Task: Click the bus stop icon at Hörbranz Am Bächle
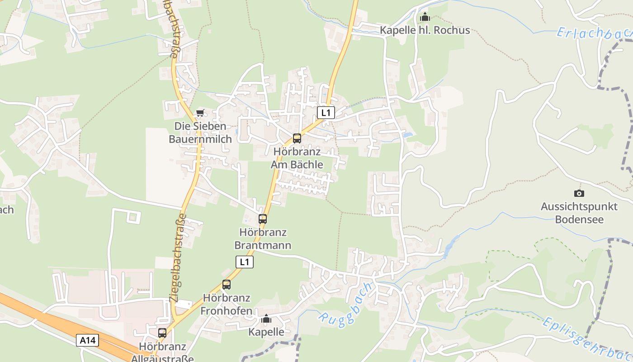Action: [297, 138]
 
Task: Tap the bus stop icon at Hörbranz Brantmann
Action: [263, 219]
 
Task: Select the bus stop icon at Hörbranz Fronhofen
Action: [227, 285]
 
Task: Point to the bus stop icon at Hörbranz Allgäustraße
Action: [162, 333]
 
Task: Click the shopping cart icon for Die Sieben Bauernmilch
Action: [200, 113]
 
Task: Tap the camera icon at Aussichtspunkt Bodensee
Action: [579, 193]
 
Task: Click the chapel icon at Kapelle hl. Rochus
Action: [425, 17]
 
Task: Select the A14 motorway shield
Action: [87, 340]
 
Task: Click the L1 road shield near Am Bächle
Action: [326, 113]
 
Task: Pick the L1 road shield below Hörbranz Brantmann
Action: [245, 262]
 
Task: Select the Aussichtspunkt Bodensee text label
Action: [579, 213]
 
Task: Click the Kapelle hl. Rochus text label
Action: [425, 30]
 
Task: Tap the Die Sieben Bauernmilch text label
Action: [200, 133]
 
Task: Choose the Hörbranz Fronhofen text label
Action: [226, 304]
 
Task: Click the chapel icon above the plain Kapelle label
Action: [266, 319]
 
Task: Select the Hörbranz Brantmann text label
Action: [262, 239]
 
